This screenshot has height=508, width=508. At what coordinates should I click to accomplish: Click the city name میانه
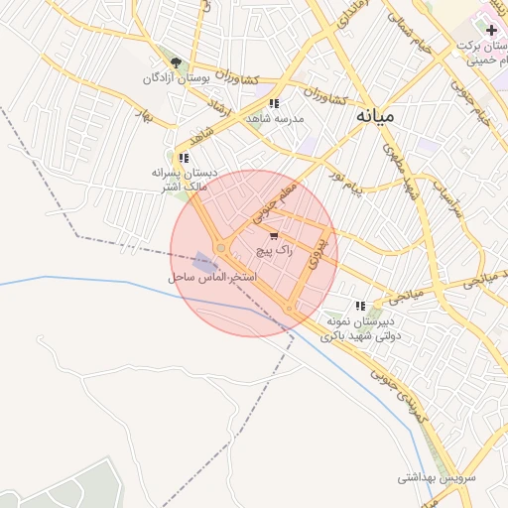(374, 115)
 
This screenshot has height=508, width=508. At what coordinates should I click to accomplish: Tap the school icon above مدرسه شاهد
(274, 103)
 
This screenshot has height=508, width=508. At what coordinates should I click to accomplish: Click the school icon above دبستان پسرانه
(183, 158)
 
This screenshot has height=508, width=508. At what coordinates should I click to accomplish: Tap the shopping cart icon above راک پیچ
(274, 236)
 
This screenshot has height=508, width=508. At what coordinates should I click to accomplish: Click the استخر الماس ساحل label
(212, 277)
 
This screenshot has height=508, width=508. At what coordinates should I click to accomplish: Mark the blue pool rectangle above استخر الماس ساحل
(205, 262)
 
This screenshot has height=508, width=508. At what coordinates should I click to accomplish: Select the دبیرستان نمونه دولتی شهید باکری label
(359, 329)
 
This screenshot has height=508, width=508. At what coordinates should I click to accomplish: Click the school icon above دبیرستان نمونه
(360, 307)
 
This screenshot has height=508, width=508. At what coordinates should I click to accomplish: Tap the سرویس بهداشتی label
(437, 477)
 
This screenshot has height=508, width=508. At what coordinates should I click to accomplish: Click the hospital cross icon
(491, 30)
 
